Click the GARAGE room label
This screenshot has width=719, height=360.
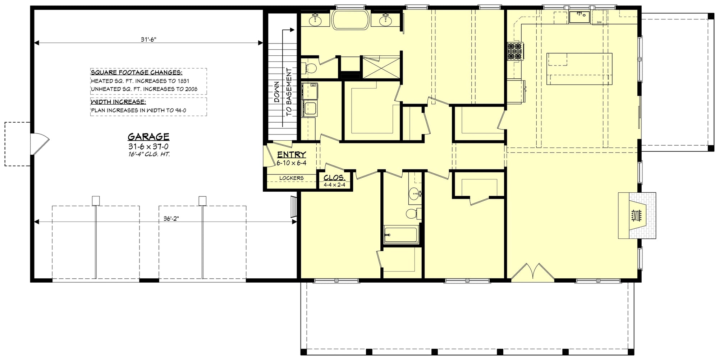coord(148,137)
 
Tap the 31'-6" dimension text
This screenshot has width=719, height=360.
coord(149,40)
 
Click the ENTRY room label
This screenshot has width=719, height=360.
coord(292,155)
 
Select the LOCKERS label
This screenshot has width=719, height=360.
coord(291,178)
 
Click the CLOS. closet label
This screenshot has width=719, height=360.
coord(334,178)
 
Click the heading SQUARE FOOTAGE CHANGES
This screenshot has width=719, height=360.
coord(137,72)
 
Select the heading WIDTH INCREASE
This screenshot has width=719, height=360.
coord(118,102)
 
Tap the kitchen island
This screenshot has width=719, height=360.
coord(579,68)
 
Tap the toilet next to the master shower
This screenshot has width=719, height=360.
coord(311,67)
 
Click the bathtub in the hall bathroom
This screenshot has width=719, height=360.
coord(400,235)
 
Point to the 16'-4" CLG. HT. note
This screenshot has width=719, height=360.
coord(148,154)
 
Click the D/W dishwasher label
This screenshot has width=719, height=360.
coord(599,22)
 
